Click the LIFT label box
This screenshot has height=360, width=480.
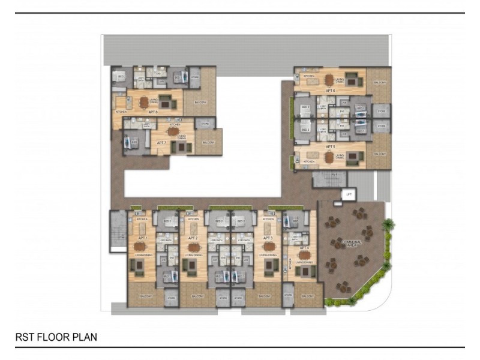(x=347, y=194)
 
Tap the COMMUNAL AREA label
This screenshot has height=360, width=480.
(x=350, y=242)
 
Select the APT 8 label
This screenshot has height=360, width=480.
(x=152, y=112)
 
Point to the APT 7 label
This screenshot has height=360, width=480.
(x=161, y=143)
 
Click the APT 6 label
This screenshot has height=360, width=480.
(x=330, y=91)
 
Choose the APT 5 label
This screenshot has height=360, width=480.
(x=329, y=146)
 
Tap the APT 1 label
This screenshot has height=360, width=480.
(x=142, y=238)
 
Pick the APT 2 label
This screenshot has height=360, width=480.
(x=193, y=238)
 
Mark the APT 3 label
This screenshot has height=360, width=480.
(x=268, y=238)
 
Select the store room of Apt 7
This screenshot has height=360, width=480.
(x=205, y=124)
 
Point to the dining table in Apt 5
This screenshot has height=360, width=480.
(x=329, y=157)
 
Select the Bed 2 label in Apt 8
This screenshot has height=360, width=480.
(x=121, y=77)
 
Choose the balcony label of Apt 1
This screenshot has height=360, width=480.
(x=145, y=296)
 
